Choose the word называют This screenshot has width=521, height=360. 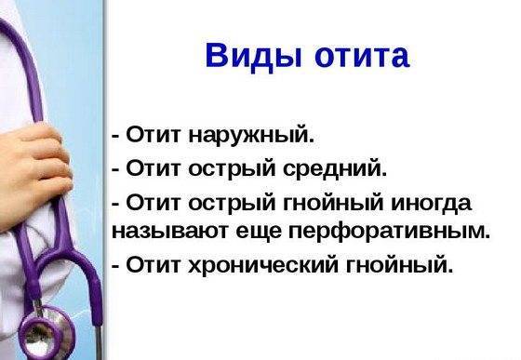pos(157,229)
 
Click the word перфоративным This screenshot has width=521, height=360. pos(373,229)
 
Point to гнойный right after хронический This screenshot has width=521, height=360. pos(404,265)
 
